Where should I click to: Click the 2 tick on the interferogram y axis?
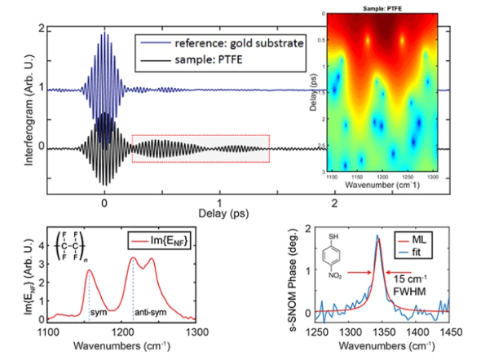point(40,29)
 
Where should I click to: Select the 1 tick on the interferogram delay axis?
point(218,200)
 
